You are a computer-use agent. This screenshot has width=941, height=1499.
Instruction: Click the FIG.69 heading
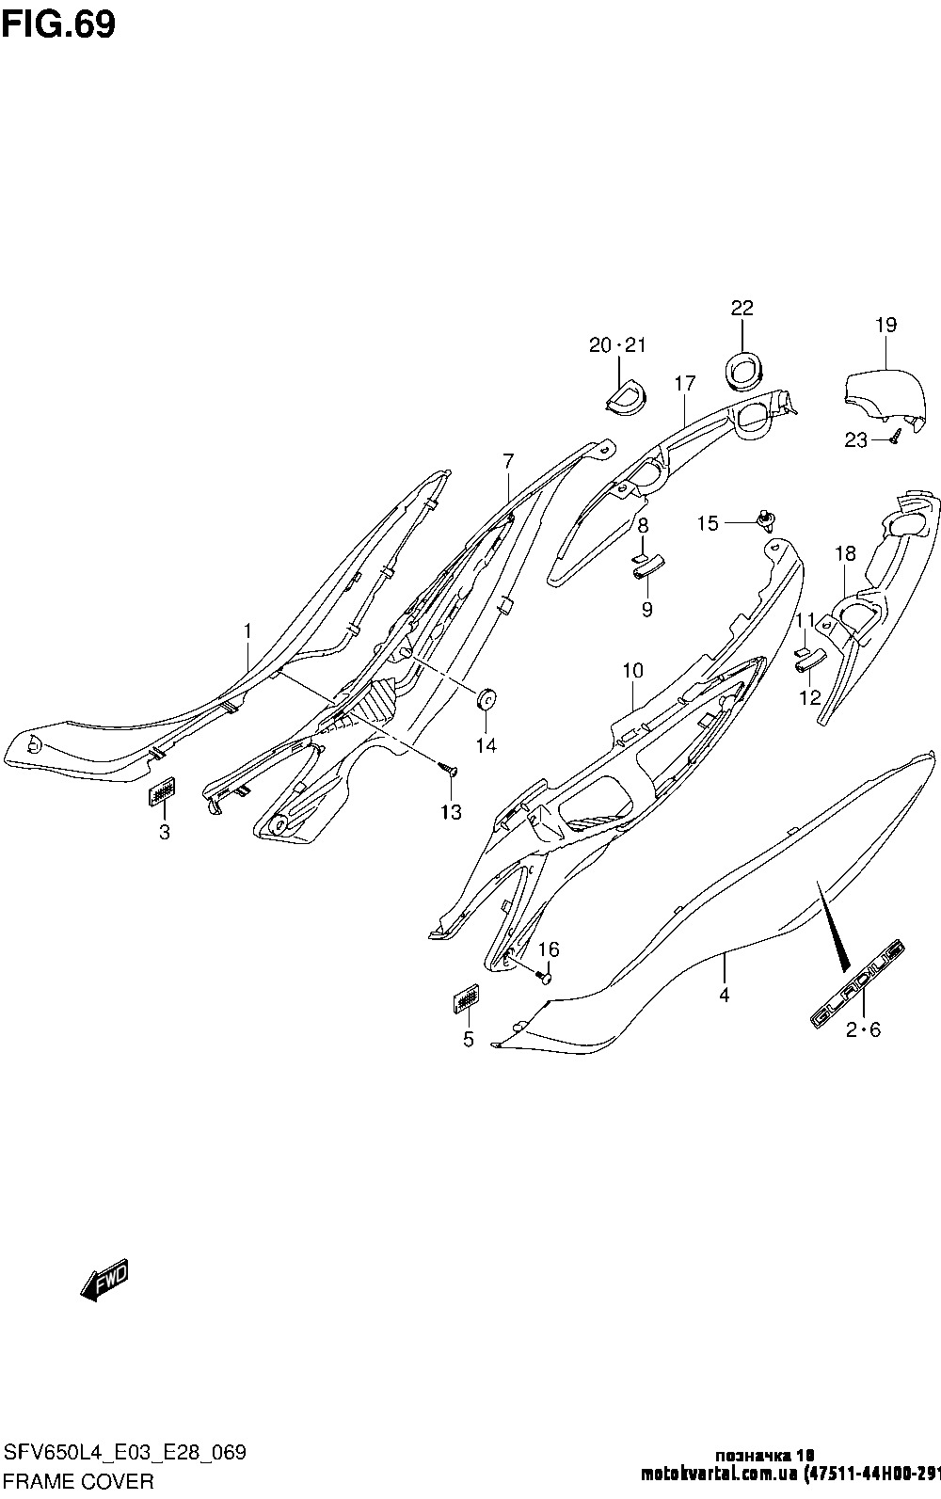pos(58,25)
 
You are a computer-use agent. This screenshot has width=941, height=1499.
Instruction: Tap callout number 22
pos(742,309)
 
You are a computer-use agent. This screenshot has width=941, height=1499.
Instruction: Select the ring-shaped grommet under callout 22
pos(743,368)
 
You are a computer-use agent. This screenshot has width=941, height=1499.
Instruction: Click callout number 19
pos(885,326)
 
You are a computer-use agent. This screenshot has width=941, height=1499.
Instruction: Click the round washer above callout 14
pos(486,701)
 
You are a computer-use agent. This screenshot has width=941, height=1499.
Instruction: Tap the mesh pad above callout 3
pos(163,793)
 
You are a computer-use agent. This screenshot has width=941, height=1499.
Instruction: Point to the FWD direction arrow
pos(104,1281)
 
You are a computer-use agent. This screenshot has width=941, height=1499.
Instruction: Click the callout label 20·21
pos(618,345)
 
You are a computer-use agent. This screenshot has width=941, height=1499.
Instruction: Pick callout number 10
pos(632,671)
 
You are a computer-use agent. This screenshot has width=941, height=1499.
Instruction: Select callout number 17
pos(684,383)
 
